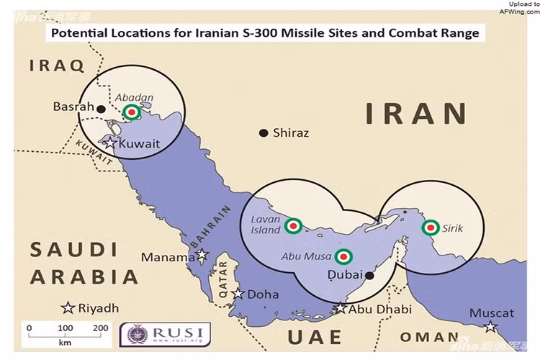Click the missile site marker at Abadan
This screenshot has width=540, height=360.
(131, 112)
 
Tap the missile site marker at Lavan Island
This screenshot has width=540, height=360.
(293, 226)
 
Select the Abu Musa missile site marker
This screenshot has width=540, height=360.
(344, 256)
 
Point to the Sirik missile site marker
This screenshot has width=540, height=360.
(430, 228)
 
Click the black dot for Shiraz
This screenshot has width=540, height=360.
(264, 132)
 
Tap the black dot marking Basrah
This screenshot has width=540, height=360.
(102, 109)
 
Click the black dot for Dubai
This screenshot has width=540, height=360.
(369, 274)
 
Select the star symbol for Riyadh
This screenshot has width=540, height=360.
(68, 308)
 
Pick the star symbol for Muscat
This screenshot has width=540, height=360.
(490, 327)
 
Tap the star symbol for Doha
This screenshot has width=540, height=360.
(238, 294)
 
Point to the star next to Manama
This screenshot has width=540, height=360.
(202, 255)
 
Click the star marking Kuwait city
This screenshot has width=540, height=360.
(109, 143)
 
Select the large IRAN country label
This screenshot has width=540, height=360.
(415, 114)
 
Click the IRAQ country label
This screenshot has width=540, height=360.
(57, 66)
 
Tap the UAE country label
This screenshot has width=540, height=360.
(314, 337)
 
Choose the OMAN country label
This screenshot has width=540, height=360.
(429, 337)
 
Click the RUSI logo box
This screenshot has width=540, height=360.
(165, 333)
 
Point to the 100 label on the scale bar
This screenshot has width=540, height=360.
(65, 328)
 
